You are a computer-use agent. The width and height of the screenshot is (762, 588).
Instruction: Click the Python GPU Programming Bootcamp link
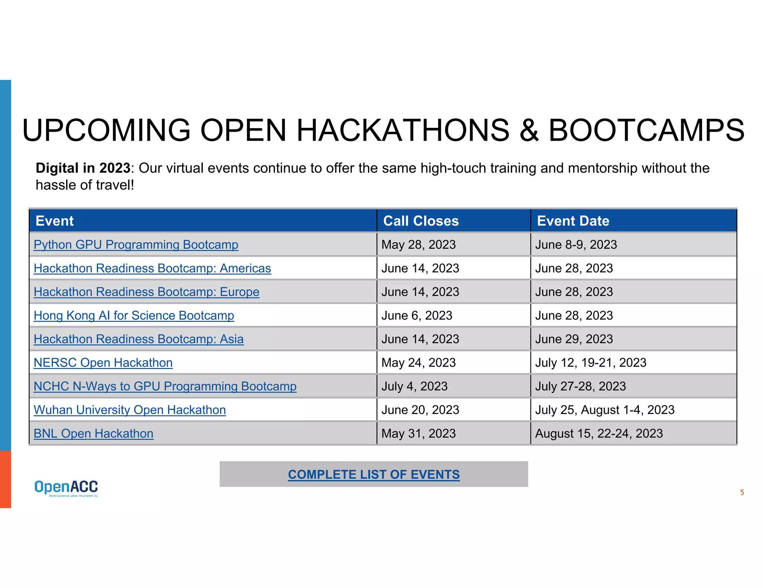[x=136, y=245]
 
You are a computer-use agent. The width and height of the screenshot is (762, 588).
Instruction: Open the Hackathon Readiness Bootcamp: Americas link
[x=152, y=268]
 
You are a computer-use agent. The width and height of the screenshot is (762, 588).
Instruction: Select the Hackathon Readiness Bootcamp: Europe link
[x=146, y=292]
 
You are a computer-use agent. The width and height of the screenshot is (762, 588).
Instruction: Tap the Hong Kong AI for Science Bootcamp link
[x=134, y=316]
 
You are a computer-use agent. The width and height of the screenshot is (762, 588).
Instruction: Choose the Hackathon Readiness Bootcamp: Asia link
[x=138, y=339]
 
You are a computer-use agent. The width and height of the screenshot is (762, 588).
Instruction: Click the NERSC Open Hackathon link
[x=103, y=363]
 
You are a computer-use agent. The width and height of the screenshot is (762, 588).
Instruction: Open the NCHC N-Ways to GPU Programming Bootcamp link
[x=165, y=386]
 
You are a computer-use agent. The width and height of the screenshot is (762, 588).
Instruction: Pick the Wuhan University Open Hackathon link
[x=129, y=410]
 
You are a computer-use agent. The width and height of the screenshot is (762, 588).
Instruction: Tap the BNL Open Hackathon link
[x=93, y=433]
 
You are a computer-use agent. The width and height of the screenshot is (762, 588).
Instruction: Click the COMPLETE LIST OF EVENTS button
[x=374, y=474]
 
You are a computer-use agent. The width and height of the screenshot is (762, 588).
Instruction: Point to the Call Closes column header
[x=421, y=221]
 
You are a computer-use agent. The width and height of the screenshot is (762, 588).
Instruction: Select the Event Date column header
[x=573, y=221]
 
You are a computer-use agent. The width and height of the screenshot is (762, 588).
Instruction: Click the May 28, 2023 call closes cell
[x=418, y=245]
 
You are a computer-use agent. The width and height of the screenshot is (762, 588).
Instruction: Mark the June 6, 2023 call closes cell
[x=417, y=316]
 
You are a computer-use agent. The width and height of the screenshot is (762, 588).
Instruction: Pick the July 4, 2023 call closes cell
[x=414, y=386]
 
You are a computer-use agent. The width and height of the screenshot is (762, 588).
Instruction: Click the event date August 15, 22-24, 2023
[x=599, y=433]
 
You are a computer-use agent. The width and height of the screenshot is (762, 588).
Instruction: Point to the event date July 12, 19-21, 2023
[x=590, y=363]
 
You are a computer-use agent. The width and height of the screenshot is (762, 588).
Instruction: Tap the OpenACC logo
[x=66, y=488]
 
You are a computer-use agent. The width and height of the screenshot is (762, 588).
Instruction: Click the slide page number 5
[x=742, y=492]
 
